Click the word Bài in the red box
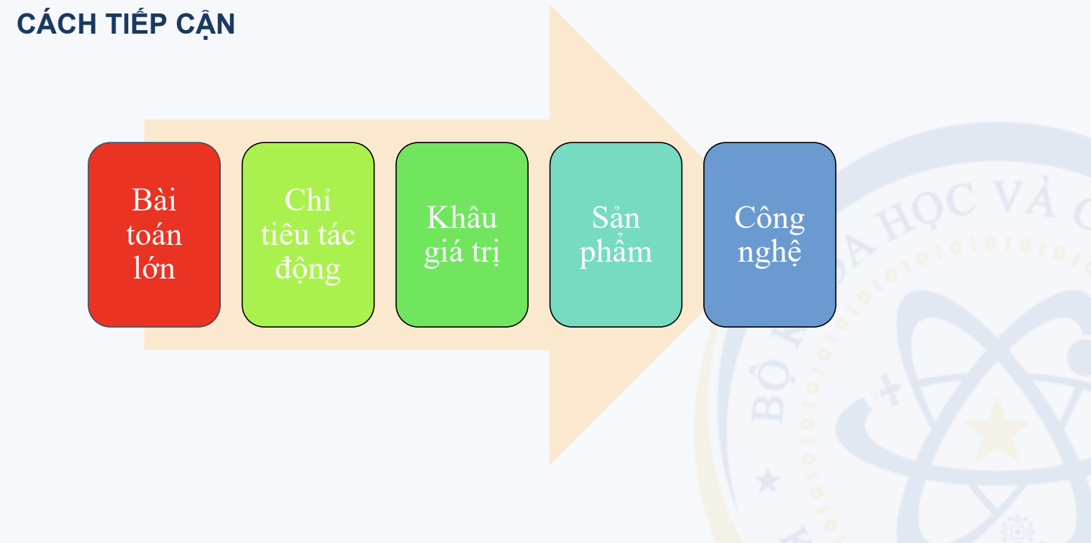154,201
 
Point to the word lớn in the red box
154,269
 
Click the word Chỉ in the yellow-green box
308,201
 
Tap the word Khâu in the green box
461,217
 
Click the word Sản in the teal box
616,217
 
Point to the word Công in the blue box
769,217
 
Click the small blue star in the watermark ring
768,481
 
